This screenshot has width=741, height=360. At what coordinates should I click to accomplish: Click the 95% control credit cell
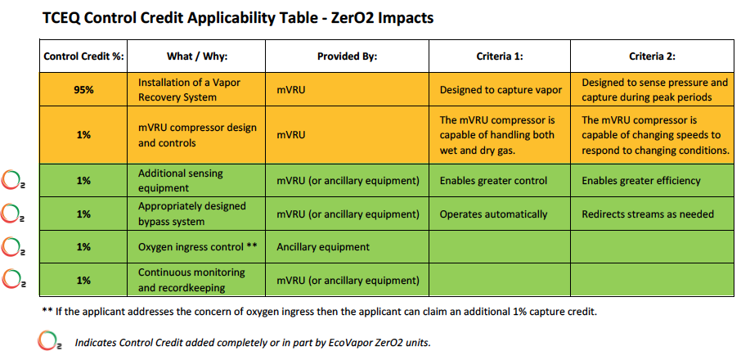(83, 89)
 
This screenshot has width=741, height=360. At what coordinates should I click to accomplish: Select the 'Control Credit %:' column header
(83, 56)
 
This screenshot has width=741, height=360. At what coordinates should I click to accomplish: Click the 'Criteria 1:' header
(500, 56)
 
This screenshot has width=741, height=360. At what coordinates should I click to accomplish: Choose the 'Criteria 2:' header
(652, 56)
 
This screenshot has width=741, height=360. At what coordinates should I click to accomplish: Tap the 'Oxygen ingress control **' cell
(197, 246)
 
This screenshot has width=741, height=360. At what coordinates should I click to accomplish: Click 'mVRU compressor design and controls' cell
(197, 134)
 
